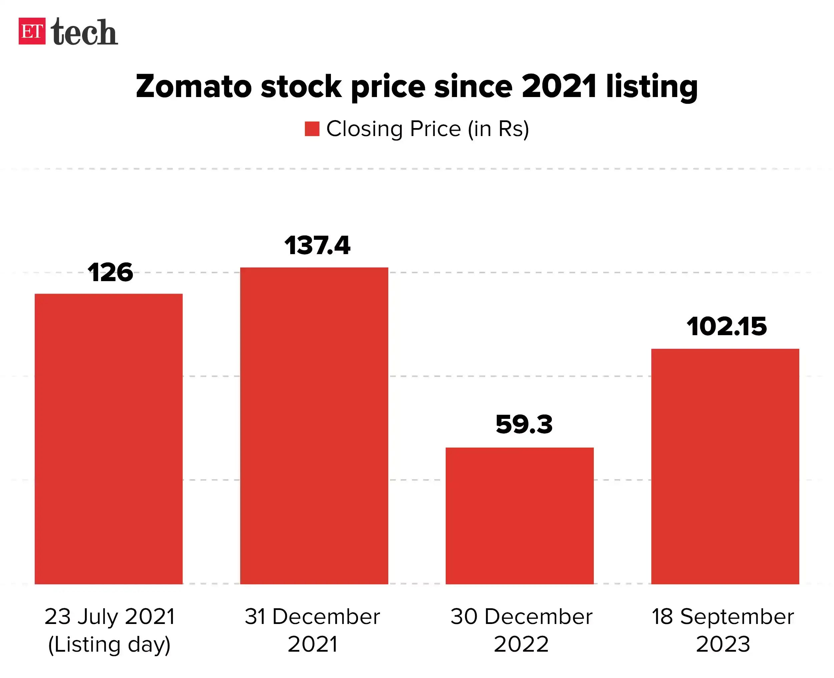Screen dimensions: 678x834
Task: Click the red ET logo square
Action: point(32,31)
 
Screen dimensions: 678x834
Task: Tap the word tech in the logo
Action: point(84,32)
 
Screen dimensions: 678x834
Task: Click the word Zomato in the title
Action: point(194,86)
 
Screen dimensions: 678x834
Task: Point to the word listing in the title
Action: point(652,86)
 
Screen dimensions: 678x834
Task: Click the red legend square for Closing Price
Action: point(312,129)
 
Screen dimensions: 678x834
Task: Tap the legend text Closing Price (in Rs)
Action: point(427,129)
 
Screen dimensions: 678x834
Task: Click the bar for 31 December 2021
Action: point(314,426)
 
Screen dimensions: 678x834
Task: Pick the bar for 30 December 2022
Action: point(519,516)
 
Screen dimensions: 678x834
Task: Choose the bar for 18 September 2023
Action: point(725,466)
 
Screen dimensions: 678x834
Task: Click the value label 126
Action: point(110,272)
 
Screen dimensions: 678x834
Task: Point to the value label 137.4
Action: point(317,246)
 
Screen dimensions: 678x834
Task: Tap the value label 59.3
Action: point(524,425)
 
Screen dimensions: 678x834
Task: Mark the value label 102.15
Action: point(727,326)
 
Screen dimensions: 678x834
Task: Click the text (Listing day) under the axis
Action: point(109,644)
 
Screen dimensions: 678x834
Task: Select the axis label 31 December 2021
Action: point(313,630)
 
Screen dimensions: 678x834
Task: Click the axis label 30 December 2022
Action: point(521,630)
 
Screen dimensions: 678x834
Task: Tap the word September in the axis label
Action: point(737,617)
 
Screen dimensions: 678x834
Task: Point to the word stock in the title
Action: point(301,86)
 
